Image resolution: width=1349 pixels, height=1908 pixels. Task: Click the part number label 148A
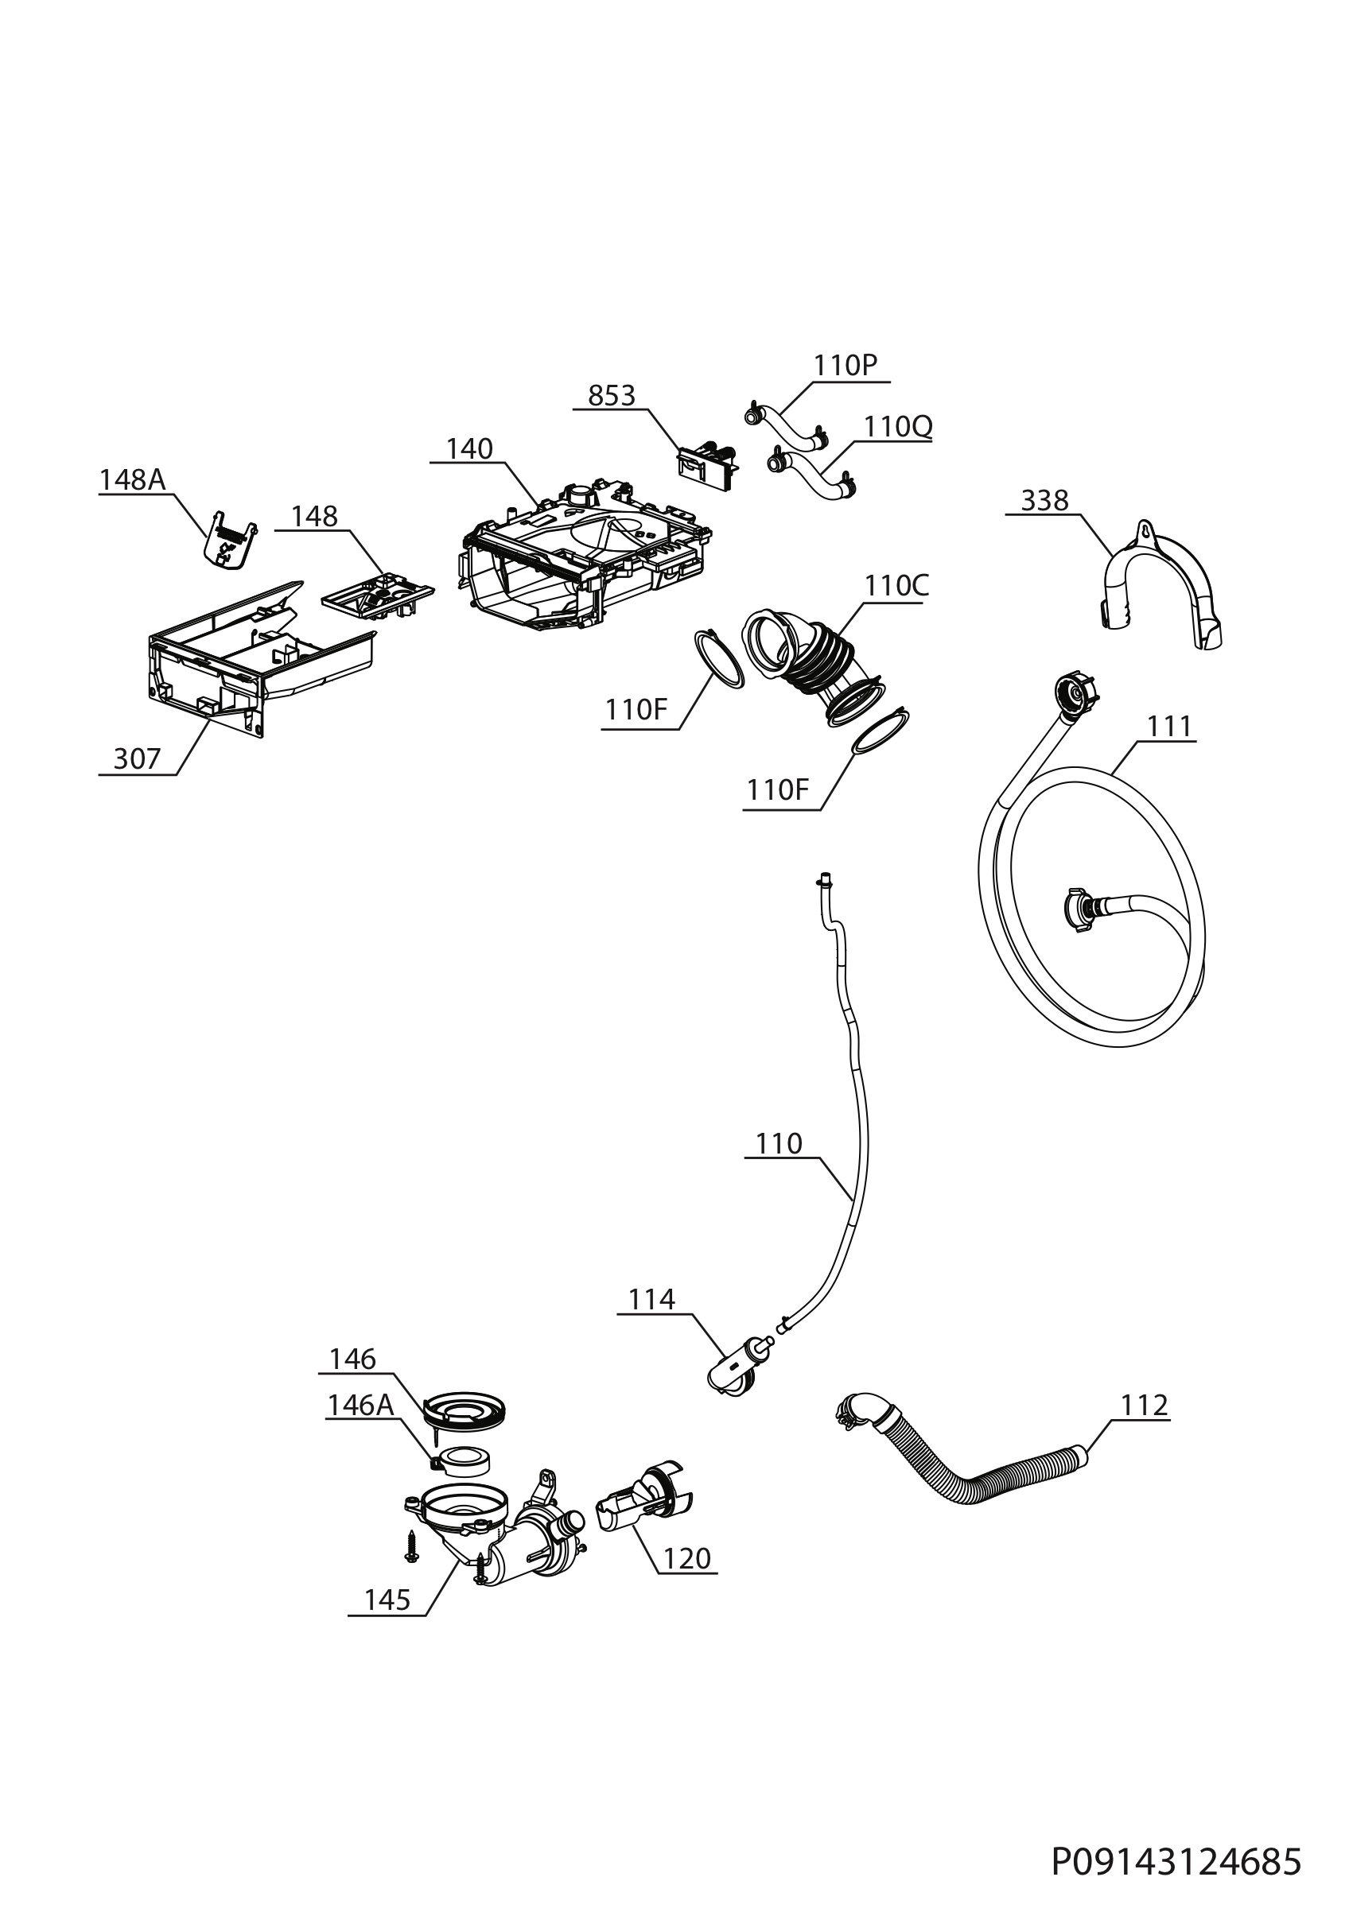pyautogui.click(x=132, y=479)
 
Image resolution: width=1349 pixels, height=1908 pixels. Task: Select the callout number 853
pyautogui.click(x=612, y=396)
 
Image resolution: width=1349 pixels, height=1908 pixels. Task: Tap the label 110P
pyautogui.click(x=846, y=366)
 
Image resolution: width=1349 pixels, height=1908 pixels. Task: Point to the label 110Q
pyautogui.click(x=898, y=426)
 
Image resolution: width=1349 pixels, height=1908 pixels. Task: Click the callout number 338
pyautogui.click(x=1045, y=500)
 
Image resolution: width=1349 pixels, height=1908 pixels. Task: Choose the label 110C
pyautogui.click(x=896, y=586)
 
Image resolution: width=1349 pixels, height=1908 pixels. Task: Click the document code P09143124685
pyautogui.click(x=1176, y=1839)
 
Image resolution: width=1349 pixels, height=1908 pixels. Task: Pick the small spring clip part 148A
pyautogui.click(x=229, y=539)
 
